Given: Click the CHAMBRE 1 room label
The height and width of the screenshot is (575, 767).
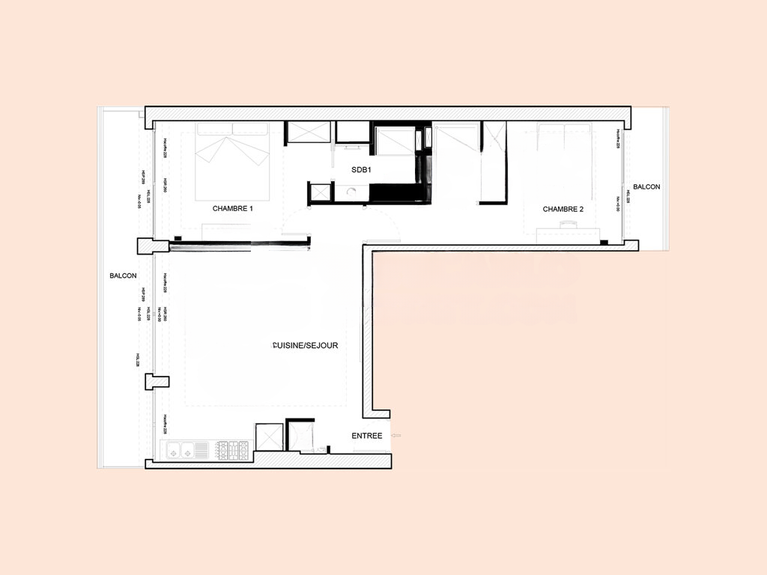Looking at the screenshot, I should [232, 209].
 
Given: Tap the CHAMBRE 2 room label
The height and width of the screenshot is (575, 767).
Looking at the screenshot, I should [563, 209].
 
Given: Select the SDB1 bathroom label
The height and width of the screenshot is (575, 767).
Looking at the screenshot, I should [362, 170].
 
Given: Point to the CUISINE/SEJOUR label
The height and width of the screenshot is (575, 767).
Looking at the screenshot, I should [306, 346].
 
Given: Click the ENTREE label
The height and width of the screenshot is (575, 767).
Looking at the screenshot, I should [367, 436].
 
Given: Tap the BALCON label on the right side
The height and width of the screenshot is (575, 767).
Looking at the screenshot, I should [646, 186].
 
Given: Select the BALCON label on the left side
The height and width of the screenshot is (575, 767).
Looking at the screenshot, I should [123, 276].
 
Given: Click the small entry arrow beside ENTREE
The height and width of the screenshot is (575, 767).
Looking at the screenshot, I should [397, 435].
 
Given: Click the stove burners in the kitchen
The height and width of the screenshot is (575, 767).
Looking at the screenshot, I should [232, 450].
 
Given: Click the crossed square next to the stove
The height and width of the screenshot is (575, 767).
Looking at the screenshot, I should [269, 437].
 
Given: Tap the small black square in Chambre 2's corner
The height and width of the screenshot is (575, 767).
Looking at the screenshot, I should [603, 243].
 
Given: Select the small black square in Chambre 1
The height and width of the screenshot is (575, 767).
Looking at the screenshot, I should [178, 238].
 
